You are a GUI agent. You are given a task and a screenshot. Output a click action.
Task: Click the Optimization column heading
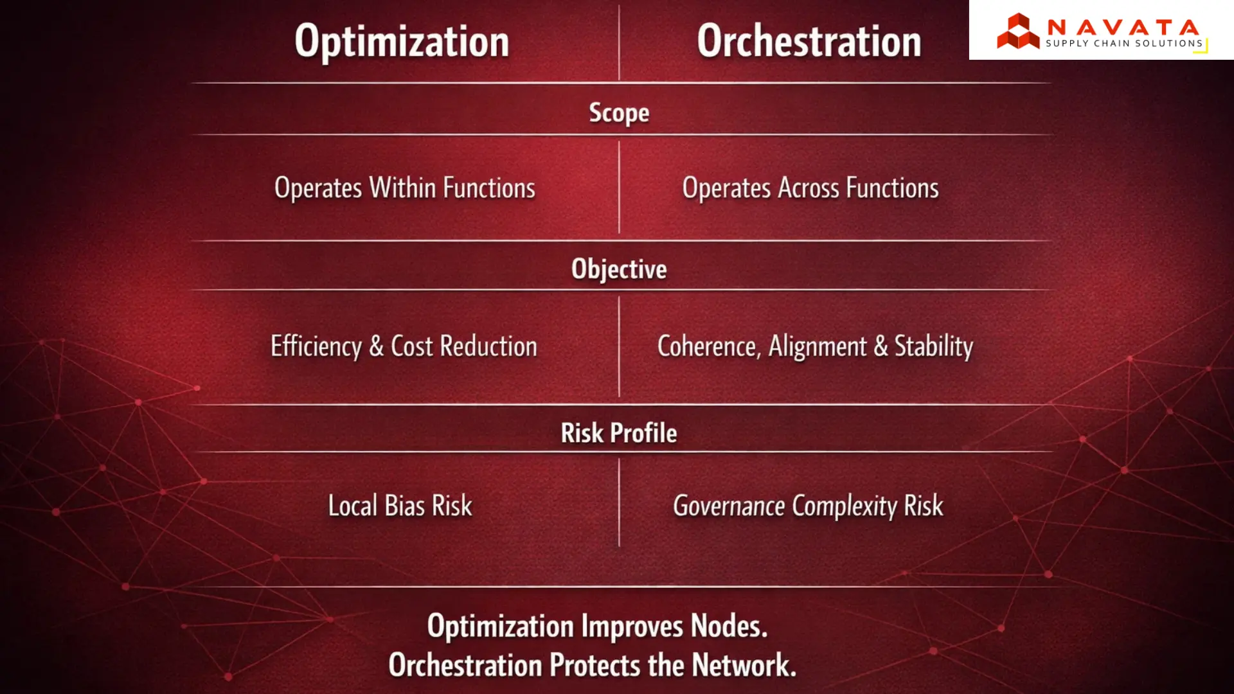point(402,42)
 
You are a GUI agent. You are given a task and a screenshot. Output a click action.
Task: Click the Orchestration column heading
point(809,42)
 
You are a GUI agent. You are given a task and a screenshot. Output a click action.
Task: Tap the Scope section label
point(619,113)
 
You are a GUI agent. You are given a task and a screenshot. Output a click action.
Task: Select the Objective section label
point(619,269)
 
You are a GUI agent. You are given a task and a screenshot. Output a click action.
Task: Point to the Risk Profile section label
point(619,433)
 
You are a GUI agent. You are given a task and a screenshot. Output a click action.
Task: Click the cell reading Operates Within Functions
point(405,188)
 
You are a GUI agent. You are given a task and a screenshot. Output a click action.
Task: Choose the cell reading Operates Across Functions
point(810,188)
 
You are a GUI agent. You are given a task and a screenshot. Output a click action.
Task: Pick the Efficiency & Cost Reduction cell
point(404,346)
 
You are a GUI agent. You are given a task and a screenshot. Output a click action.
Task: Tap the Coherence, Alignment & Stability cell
point(815,346)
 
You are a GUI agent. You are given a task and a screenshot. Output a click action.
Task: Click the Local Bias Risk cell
point(400,506)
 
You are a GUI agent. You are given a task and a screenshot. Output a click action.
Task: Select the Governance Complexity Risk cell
point(808,506)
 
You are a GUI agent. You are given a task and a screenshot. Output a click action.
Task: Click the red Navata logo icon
point(1018,31)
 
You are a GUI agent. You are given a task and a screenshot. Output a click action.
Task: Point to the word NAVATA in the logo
point(1123,27)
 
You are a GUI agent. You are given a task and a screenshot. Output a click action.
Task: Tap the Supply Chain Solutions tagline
point(1123,44)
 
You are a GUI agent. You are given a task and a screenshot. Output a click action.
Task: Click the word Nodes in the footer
point(729,626)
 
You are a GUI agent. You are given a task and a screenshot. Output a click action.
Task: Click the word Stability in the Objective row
point(934,346)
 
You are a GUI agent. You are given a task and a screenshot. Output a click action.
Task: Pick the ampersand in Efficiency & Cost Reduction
point(377,346)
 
